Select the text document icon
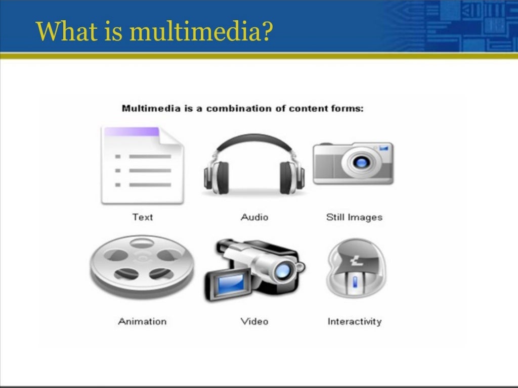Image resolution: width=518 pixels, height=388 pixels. pyautogui.click(x=142, y=165)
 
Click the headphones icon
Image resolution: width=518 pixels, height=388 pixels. pyautogui.click(x=254, y=164)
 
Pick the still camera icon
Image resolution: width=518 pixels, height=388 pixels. pyautogui.click(x=353, y=163)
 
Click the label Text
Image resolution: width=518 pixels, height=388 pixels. pyautogui.click(x=142, y=217)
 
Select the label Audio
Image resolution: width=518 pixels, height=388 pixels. pyautogui.click(x=254, y=217)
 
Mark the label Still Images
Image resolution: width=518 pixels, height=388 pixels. pyautogui.click(x=354, y=218)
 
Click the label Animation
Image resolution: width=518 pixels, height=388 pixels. pyautogui.click(x=142, y=321)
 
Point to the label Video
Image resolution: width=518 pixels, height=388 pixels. pyautogui.click(x=254, y=321)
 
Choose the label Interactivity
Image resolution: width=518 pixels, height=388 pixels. pyautogui.click(x=354, y=321)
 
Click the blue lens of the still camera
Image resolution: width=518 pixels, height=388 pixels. pyautogui.click(x=360, y=163)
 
